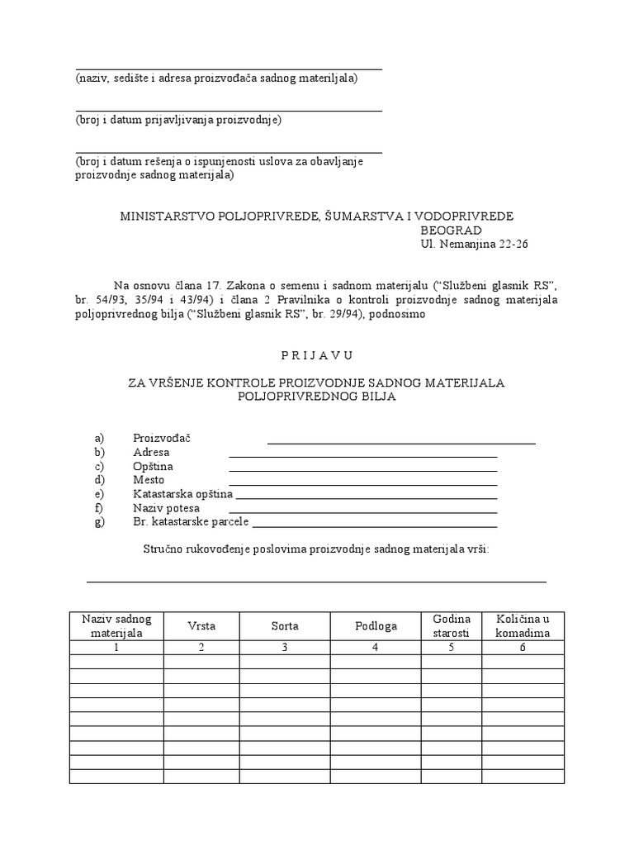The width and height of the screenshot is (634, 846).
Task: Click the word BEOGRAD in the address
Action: (x=452, y=231)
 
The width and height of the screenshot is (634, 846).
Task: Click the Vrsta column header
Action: (x=201, y=626)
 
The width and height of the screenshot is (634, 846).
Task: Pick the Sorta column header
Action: (x=285, y=626)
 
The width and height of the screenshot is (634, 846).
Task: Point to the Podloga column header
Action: (x=376, y=626)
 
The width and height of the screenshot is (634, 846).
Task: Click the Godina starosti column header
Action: (x=452, y=626)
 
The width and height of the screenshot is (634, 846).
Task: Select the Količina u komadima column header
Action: (x=523, y=626)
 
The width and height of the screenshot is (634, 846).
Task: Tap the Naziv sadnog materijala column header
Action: (x=116, y=626)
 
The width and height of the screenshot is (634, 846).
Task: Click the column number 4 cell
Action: (x=376, y=648)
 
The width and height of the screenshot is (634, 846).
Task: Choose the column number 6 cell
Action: (x=523, y=648)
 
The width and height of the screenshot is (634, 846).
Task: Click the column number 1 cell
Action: (x=116, y=648)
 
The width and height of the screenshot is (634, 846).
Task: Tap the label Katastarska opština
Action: (x=182, y=494)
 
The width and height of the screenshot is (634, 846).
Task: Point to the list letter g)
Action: (x=101, y=522)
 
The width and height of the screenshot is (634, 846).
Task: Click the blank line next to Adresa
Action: (x=362, y=454)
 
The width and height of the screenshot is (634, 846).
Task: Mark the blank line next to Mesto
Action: (x=362, y=482)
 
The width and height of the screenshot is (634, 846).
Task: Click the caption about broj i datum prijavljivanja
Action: (x=178, y=121)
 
